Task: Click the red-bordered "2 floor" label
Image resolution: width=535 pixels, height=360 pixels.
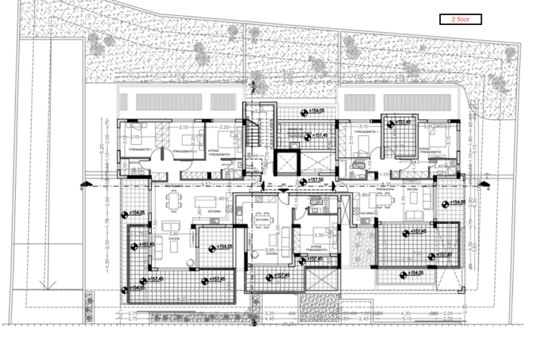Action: tap(460, 20)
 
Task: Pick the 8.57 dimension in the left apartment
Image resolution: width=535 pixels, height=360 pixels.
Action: tap(206, 184)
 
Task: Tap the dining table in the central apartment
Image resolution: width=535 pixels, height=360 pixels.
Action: tap(263, 221)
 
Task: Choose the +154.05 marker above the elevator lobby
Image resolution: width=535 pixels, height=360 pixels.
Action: tap(319, 112)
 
